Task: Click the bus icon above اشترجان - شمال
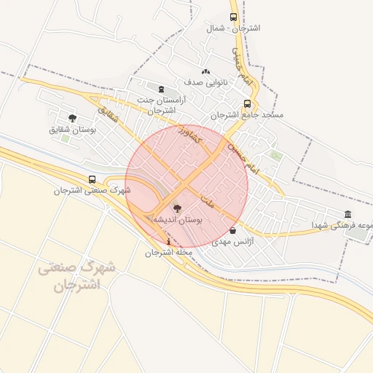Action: [234, 16]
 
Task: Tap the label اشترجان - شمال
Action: [234, 28]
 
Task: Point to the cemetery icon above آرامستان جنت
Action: [161, 89]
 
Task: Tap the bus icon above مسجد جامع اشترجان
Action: [247, 103]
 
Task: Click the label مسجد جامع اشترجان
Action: [247, 115]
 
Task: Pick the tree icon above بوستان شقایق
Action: [72, 117]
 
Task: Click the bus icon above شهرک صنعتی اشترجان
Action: [92, 179]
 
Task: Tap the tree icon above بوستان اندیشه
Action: [178, 208]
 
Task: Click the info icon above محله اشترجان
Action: [169, 241]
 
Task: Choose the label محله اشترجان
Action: [168, 253]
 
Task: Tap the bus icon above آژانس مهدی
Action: [232, 230]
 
